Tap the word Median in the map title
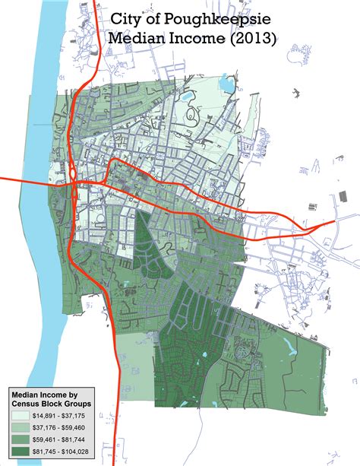point(137,38)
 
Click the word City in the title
point(128,17)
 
